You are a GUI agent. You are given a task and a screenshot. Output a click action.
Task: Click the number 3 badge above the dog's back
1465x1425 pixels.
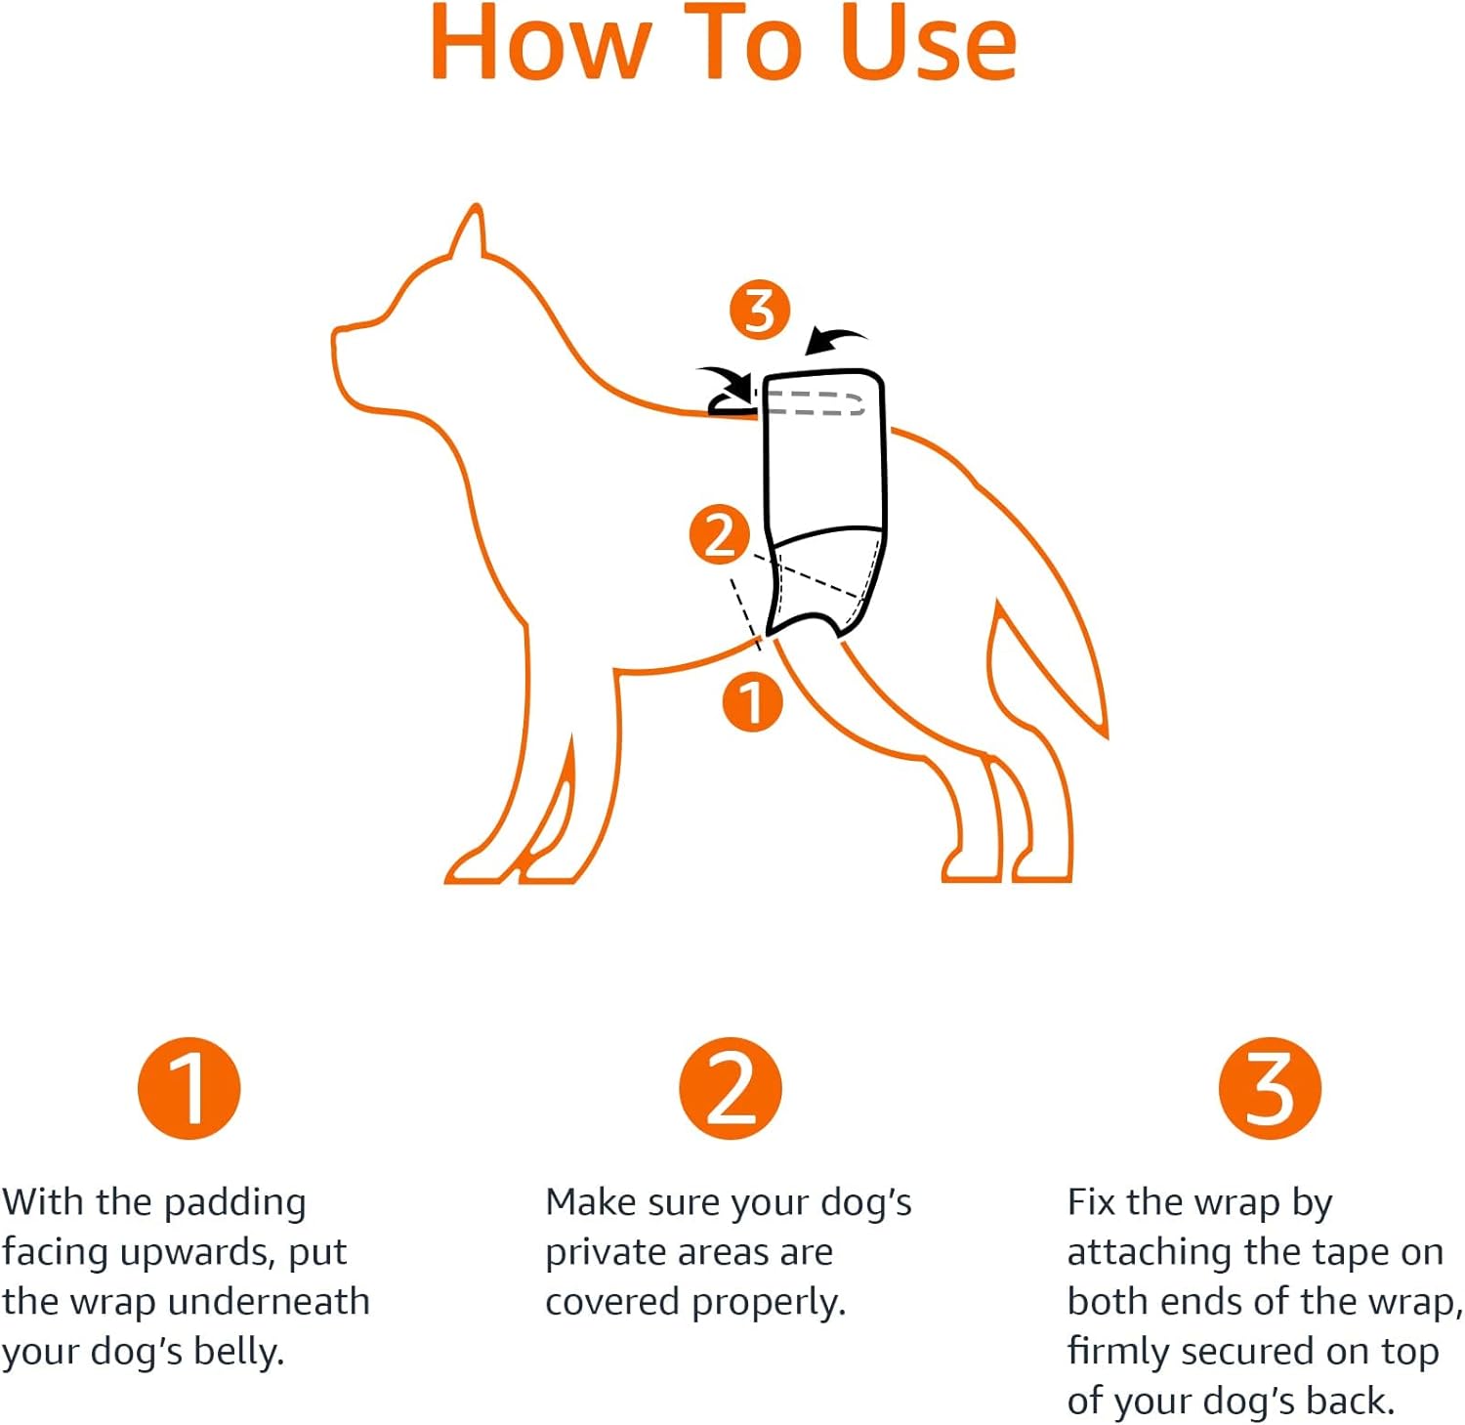tap(760, 311)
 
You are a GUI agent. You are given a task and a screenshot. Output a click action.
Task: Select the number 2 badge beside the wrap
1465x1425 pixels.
tap(720, 534)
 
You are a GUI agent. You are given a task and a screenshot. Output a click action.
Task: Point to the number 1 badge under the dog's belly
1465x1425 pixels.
tap(752, 701)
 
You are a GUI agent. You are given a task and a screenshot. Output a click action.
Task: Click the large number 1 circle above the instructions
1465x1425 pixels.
tap(188, 1088)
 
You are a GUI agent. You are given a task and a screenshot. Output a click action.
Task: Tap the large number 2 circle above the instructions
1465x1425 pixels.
tap(731, 1088)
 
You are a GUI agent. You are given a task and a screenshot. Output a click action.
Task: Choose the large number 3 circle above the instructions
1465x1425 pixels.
tap(1270, 1088)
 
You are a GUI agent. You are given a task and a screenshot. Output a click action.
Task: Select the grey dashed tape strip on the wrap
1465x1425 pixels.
tap(813, 403)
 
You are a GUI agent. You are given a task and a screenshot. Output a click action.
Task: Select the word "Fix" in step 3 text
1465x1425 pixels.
tap(1092, 1202)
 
